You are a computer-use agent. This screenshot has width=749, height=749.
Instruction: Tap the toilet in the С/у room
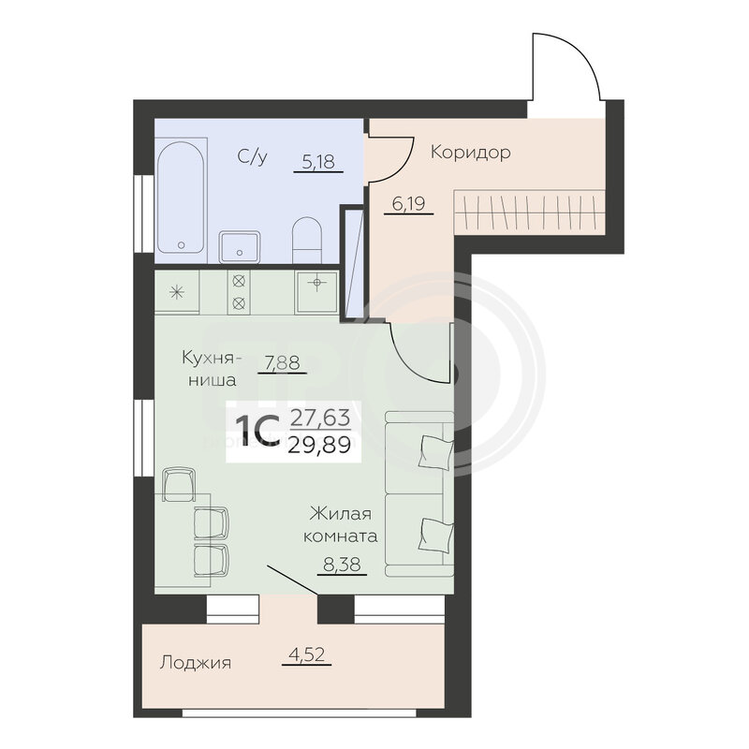(x=307, y=240)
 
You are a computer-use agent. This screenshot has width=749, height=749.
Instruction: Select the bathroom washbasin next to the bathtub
(x=240, y=246)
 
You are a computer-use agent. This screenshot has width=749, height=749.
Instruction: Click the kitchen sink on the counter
(x=316, y=291)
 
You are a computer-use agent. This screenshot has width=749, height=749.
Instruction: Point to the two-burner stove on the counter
(x=239, y=292)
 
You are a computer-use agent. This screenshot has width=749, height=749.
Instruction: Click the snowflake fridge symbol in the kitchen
(x=177, y=292)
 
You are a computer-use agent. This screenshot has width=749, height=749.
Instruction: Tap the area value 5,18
(x=318, y=161)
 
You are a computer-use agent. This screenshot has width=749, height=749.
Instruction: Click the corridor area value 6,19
(x=408, y=204)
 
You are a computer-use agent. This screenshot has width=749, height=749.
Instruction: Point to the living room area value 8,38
(x=342, y=565)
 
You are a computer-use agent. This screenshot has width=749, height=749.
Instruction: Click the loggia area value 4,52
(x=307, y=654)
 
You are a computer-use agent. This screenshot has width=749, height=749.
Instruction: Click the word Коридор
(x=471, y=153)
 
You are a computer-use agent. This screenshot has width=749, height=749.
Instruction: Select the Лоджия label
(x=196, y=663)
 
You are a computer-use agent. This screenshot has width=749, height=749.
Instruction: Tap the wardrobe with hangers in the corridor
(x=529, y=212)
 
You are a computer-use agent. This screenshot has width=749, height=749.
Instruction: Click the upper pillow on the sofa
(x=435, y=452)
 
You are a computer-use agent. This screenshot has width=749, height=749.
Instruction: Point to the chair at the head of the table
(x=179, y=484)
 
